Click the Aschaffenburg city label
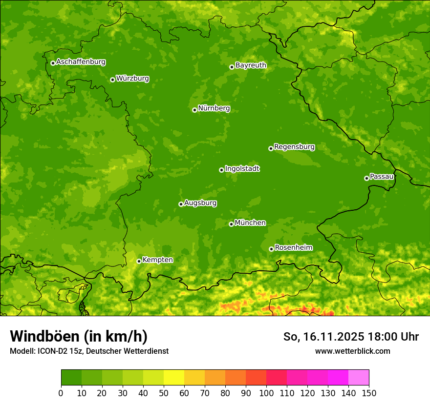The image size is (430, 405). pyautogui.click(x=81, y=62)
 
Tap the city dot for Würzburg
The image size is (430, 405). pyautogui.click(x=112, y=80)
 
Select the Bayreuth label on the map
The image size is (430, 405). pyautogui.click(x=251, y=65)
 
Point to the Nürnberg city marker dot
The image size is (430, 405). pyautogui.click(x=194, y=110)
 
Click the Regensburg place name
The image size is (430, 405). pyautogui.click(x=294, y=147)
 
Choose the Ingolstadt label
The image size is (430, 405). pyautogui.click(x=242, y=169)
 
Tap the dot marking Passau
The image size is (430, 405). pyautogui.click(x=366, y=178)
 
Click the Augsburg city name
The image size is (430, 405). pyautogui.click(x=200, y=203)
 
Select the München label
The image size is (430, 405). pyautogui.click(x=250, y=223)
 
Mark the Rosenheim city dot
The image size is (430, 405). pyautogui.click(x=271, y=249)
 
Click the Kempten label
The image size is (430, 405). pyautogui.click(x=157, y=260)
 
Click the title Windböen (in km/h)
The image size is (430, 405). pyautogui.click(x=78, y=336)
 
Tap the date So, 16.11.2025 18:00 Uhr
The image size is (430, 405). pyautogui.click(x=351, y=337)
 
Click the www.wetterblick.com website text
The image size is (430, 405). pyautogui.click(x=352, y=351)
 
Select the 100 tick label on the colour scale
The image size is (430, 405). pyautogui.click(x=266, y=393)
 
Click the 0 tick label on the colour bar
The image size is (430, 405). pyautogui.click(x=61, y=393)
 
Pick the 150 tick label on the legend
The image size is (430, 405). pyautogui.click(x=368, y=393)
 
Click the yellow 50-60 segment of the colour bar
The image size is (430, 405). pyautogui.click(x=173, y=378)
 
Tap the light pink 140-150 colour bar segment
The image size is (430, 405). pyautogui.click(x=358, y=378)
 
